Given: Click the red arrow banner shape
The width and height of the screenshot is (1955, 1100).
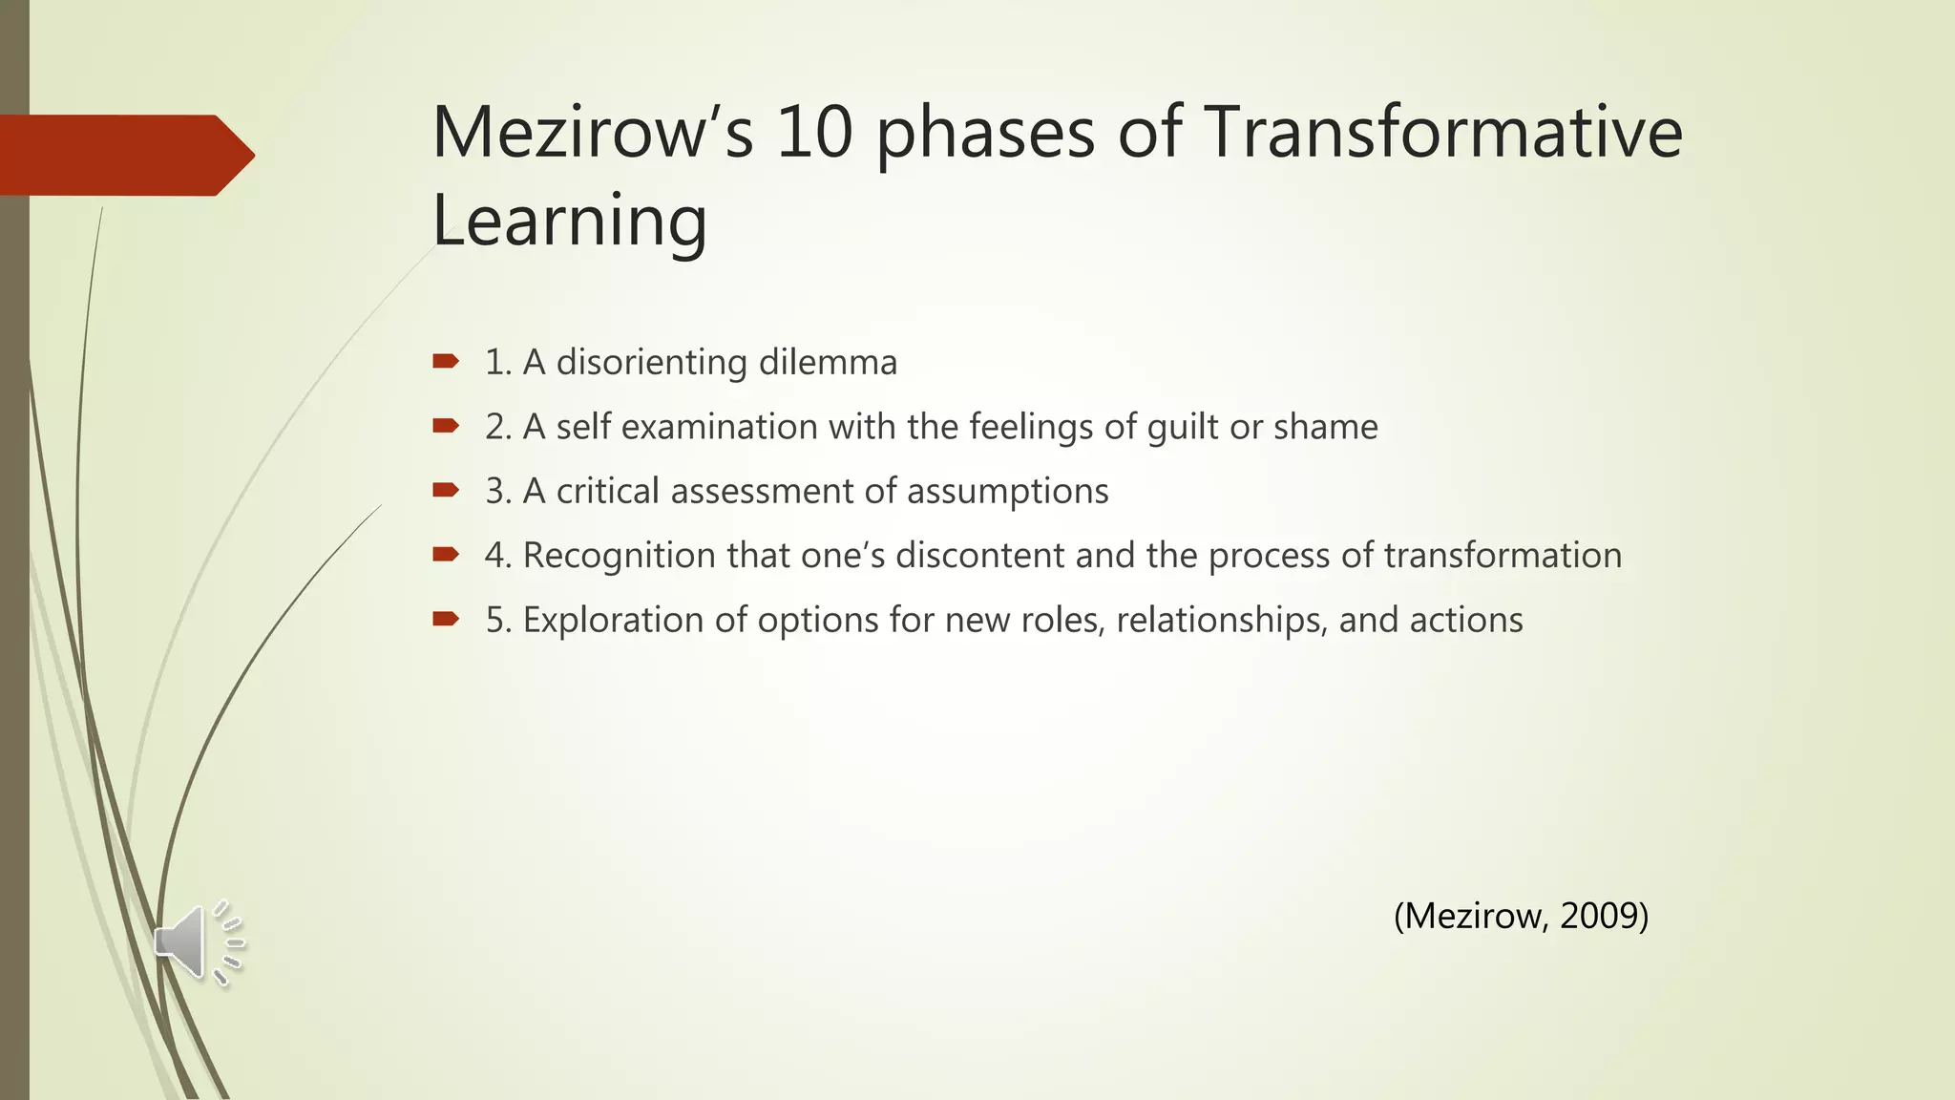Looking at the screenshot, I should [124, 156].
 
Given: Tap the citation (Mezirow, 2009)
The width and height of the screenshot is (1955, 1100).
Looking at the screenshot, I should [1521, 916].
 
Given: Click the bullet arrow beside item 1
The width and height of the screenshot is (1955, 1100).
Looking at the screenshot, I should [446, 361].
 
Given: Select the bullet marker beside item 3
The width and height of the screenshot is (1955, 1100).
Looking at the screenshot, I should [446, 490].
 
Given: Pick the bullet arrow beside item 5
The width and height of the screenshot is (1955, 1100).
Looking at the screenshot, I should [446, 619].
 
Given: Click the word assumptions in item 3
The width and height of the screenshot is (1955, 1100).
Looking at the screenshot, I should [1007, 492].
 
